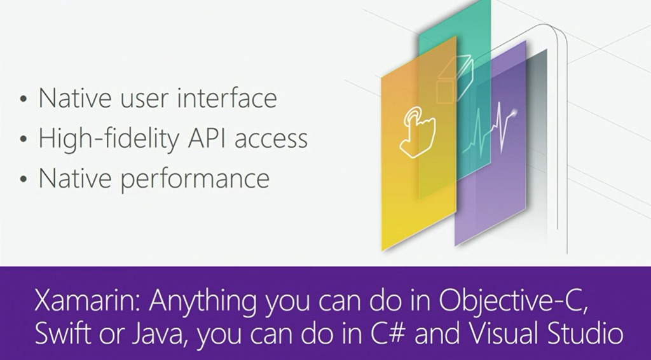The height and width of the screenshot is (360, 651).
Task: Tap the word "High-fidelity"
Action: coord(109,138)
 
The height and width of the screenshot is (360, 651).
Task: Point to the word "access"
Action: coord(271,140)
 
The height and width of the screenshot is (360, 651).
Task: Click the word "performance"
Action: coord(195,179)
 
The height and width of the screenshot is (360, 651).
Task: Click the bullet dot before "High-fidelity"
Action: coord(24,139)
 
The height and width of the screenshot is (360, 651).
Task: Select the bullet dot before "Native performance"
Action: coord(24,179)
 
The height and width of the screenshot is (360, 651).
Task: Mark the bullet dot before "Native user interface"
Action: coord(24,99)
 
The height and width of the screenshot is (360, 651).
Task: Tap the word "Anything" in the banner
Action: coord(203,303)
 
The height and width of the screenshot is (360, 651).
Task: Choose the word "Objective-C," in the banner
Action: coord(514,302)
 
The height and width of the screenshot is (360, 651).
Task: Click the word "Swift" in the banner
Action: coord(62,333)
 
